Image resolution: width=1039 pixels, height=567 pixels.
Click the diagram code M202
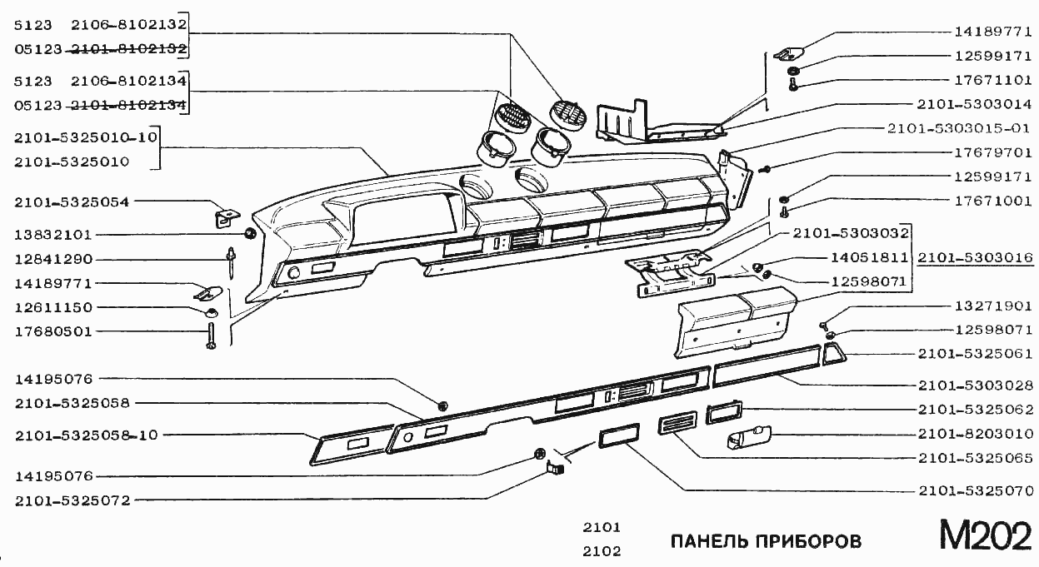986,536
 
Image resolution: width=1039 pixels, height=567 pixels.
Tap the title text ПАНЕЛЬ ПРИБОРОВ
766,541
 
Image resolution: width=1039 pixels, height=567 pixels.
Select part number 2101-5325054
72,201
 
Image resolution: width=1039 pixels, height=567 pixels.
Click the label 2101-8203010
976,434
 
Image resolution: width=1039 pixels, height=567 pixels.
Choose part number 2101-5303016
975,258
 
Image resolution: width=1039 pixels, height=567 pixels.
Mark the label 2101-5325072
72,500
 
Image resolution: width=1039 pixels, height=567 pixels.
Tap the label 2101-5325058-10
86,435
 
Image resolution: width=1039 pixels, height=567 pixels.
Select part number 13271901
992,306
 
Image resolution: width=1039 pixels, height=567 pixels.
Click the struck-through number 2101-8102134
128,106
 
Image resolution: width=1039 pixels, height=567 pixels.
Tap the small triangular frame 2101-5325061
833,355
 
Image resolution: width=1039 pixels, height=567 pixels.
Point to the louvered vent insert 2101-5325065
677,425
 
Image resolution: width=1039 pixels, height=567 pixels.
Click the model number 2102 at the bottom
601,550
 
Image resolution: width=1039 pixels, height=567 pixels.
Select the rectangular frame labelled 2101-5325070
618,435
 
